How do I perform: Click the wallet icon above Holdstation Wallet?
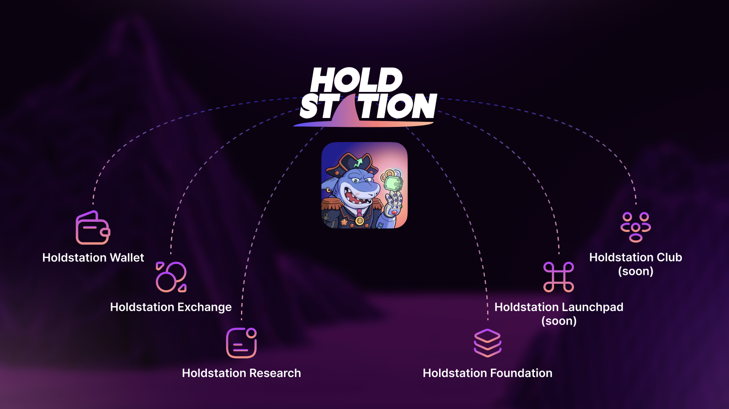point(93,228)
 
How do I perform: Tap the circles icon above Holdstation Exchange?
point(171,277)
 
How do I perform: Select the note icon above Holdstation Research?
point(241,343)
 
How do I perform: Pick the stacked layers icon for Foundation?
point(488,343)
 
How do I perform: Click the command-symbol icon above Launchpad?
point(559,277)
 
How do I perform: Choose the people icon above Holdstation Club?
point(636,227)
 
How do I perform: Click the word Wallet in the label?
point(126,258)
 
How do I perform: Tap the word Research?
point(275,373)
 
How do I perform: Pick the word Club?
point(669,257)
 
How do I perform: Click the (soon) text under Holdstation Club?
point(636,271)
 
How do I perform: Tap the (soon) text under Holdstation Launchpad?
point(559,321)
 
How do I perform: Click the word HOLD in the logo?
point(356,80)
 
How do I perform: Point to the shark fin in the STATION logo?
point(346,112)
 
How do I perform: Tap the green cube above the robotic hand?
point(393,184)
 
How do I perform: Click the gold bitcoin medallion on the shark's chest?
point(359,221)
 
